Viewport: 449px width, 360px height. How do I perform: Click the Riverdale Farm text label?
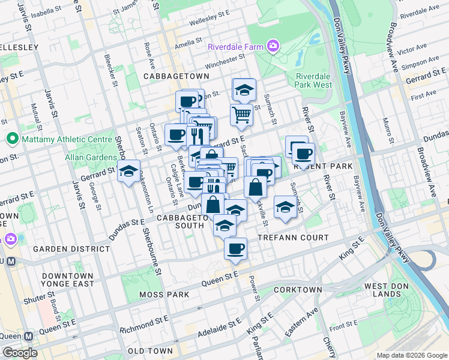tap(235, 46)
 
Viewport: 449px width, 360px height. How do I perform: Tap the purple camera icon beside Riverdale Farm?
tap(273, 46)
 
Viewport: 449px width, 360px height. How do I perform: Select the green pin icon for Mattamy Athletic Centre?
tap(11, 139)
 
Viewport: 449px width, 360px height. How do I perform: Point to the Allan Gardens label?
tap(91, 157)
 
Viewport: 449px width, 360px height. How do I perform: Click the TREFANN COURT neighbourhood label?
tap(293, 238)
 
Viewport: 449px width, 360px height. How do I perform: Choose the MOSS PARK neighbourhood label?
tap(164, 295)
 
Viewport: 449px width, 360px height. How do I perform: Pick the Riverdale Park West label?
tap(313, 80)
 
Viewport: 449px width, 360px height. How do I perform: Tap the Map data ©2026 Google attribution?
tap(411, 355)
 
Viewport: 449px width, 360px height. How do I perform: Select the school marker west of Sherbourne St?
tap(128, 172)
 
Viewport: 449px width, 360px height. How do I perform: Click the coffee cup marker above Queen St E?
tap(235, 247)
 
